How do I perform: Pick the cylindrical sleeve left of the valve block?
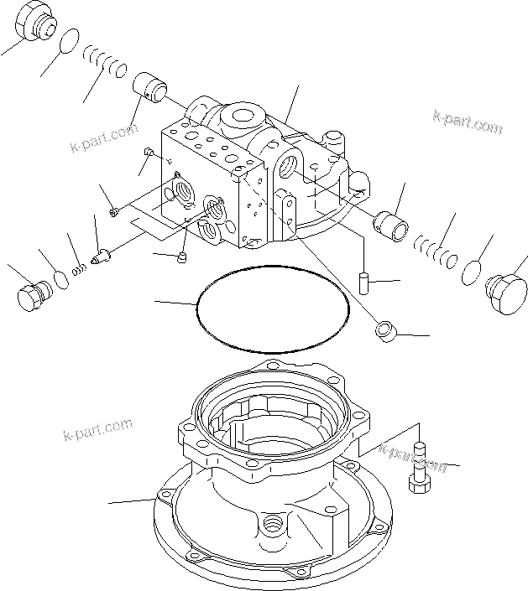pyautogui.click(x=152, y=86)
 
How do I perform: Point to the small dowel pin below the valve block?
pyautogui.click(x=363, y=281)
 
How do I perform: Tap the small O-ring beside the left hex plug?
pyautogui.click(x=60, y=278)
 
